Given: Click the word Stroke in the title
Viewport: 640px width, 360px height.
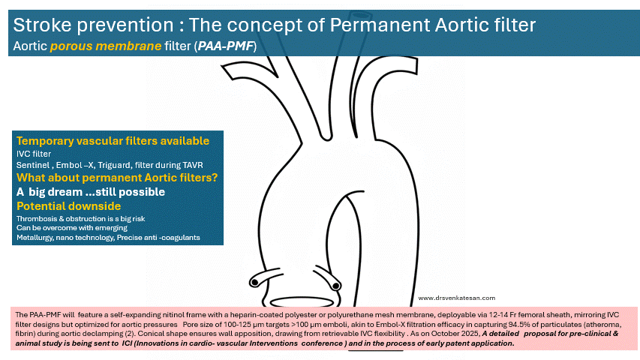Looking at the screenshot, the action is pyautogui.click(x=43, y=25).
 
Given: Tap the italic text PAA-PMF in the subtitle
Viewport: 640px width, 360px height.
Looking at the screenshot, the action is pyautogui.click(x=226, y=46).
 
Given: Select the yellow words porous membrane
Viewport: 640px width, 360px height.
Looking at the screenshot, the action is pyautogui.click(x=106, y=46).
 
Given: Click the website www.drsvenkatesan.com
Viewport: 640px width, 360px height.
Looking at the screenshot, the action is pyautogui.click(x=457, y=298).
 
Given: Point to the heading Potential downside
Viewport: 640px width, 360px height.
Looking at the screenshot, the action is pyautogui.click(x=68, y=206).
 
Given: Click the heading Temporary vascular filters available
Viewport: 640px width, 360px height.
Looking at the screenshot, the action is pyautogui.click(x=113, y=141).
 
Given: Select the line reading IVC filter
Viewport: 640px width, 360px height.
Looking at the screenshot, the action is pyautogui.click(x=34, y=154).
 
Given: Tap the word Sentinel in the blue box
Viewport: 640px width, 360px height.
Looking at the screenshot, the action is pyautogui.click(x=33, y=165).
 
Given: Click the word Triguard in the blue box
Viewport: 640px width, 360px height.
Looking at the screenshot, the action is pyautogui.click(x=114, y=165).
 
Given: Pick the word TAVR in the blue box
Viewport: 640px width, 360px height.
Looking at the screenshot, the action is pyautogui.click(x=192, y=165).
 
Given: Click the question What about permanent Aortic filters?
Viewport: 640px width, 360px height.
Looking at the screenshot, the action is pyautogui.click(x=117, y=178).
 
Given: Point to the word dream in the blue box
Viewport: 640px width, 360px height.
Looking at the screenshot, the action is pyautogui.click(x=66, y=192).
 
